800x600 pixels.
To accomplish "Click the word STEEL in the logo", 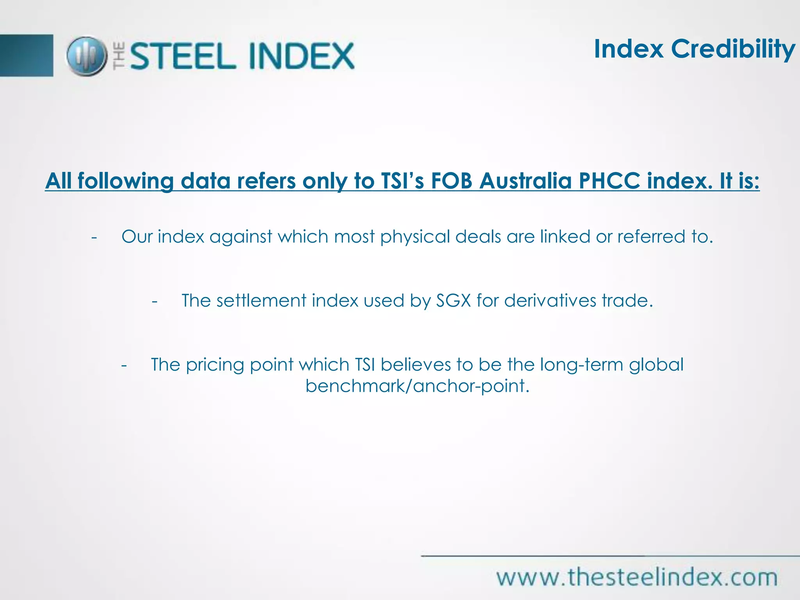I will (183, 56).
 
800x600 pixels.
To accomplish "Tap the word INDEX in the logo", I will (301, 56).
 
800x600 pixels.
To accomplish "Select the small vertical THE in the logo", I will (119, 56).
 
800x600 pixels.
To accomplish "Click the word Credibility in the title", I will (733, 50).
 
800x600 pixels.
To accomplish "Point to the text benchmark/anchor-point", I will (417, 386).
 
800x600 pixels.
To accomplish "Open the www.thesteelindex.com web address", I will (637, 577).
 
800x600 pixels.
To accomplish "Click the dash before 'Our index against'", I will (94, 237).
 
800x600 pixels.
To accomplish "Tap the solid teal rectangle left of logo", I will (26, 55).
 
